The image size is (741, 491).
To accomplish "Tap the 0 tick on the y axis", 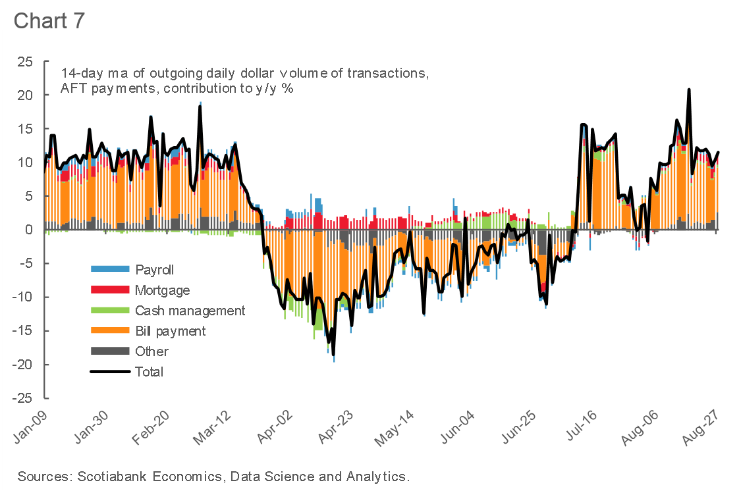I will tap(28, 230).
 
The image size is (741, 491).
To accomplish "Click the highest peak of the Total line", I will tap(689, 90).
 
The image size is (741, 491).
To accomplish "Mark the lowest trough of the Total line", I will tap(333, 355).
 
